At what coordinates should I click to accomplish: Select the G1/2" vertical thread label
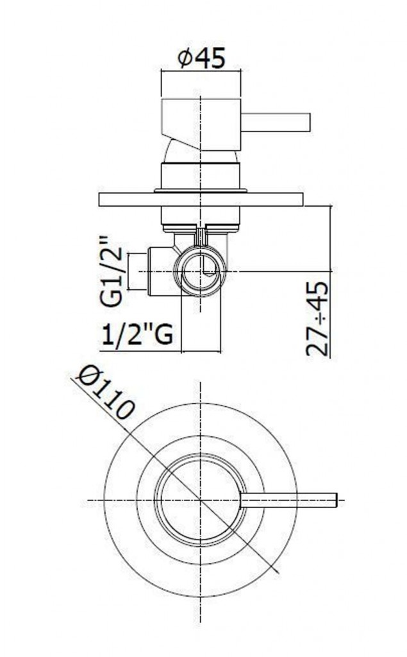point(112,272)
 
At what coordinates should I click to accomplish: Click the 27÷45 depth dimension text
point(317,320)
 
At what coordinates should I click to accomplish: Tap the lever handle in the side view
point(276,123)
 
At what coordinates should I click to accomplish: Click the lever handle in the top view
point(288,500)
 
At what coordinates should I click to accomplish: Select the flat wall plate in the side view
point(201,200)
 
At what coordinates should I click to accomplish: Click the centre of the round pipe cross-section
point(201,272)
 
